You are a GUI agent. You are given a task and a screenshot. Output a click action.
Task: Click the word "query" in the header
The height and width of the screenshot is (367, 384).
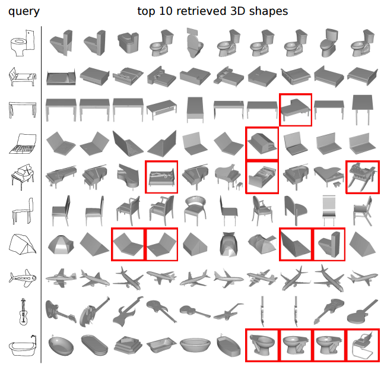(x=24, y=11)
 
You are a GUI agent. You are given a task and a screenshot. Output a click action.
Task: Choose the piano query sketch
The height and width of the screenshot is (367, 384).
(x=23, y=176)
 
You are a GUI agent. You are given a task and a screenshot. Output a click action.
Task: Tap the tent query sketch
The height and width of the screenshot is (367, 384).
(x=23, y=243)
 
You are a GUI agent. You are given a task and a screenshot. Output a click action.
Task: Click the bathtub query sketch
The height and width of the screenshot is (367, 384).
(x=23, y=346)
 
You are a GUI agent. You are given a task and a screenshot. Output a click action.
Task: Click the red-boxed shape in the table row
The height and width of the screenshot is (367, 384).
(x=296, y=109)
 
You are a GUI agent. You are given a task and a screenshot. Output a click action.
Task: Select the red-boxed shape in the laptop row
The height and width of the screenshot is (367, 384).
(x=262, y=143)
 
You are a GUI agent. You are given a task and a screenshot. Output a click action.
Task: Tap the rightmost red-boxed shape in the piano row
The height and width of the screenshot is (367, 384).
(x=362, y=176)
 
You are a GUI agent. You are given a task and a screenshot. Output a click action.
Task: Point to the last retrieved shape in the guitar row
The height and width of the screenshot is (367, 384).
(x=362, y=311)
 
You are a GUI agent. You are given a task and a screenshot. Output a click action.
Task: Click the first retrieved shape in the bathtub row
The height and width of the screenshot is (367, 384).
(x=61, y=345)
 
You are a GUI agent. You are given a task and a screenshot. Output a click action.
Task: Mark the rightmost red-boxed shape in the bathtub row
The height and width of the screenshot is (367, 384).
(x=362, y=345)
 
